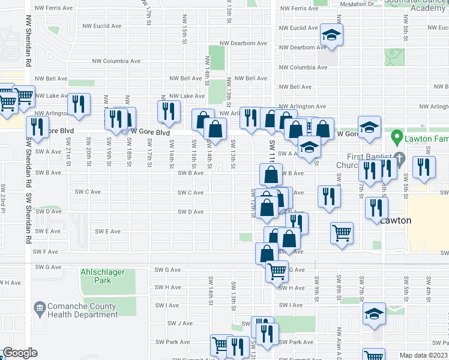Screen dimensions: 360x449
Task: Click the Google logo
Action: point(20,353)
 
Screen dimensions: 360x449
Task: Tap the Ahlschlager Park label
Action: point(103,276)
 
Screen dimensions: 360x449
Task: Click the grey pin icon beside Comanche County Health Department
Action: point(40,310)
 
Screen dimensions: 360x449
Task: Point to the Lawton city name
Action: point(396,220)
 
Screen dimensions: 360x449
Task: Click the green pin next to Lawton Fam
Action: point(396,138)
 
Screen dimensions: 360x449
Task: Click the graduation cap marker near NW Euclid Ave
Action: point(331,35)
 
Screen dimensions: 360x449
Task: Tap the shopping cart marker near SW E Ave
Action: point(342,233)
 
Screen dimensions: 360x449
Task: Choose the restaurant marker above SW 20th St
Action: point(79,104)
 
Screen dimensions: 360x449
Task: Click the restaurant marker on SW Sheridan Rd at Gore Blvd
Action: point(38,127)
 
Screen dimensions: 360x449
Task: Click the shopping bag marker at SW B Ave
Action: point(271,174)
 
